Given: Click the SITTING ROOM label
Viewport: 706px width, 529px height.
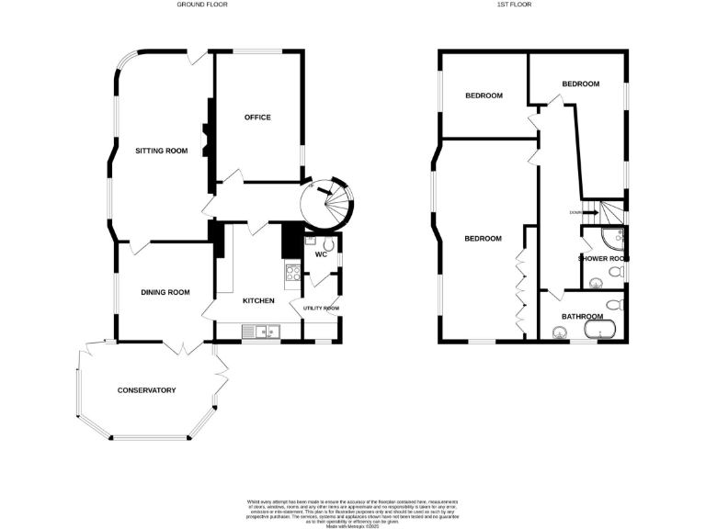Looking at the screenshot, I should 161,151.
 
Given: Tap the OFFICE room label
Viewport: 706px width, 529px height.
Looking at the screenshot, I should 257,118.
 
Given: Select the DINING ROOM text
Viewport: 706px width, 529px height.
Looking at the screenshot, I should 165,292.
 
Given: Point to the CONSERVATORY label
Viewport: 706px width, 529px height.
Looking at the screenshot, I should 146,390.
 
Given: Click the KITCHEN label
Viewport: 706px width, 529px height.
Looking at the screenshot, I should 258,300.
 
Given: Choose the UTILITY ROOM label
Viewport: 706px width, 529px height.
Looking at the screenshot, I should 315,309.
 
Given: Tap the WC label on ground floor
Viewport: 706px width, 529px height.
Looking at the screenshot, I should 321,254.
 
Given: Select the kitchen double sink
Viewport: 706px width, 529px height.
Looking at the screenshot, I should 260,331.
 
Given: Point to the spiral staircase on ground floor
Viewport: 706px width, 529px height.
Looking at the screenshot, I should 328,202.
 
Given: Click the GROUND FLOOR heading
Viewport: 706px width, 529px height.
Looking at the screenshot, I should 202,5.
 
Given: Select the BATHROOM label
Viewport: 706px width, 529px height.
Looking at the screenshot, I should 581,316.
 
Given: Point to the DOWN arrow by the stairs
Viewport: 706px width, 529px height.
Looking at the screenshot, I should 581,212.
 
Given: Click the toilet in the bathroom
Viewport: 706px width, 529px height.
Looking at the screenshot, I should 616,303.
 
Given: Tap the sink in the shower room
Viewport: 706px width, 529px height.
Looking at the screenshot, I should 594,282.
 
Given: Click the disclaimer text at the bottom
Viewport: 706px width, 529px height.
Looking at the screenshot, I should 352,512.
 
